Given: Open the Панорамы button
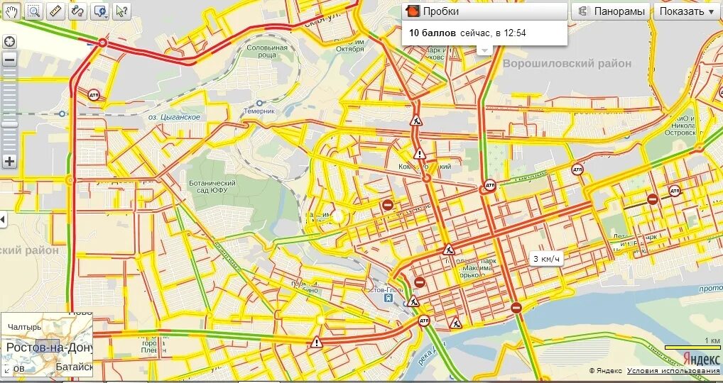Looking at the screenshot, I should click(x=612, y=11).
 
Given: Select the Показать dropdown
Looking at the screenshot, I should click(x=687, y=11).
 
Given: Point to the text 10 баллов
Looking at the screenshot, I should click(x=433, y=33).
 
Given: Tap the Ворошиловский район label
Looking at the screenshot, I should click(x=567, y=64).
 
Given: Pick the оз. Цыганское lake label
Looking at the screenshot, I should click(x=174, y=117).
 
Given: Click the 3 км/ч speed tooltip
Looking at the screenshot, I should click(x=547, y=259).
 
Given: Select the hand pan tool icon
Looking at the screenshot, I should click(x=12, y=11).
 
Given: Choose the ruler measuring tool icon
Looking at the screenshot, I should click(x=56, y=11).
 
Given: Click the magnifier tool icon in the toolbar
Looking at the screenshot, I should click(x=33, y=11).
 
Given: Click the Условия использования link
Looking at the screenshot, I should click(x=673, y=371).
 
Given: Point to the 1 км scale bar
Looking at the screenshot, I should click(x=692, y=345).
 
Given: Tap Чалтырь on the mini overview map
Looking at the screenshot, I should click(x=24, y=327).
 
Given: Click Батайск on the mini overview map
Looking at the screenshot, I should click(x=74, y=367).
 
